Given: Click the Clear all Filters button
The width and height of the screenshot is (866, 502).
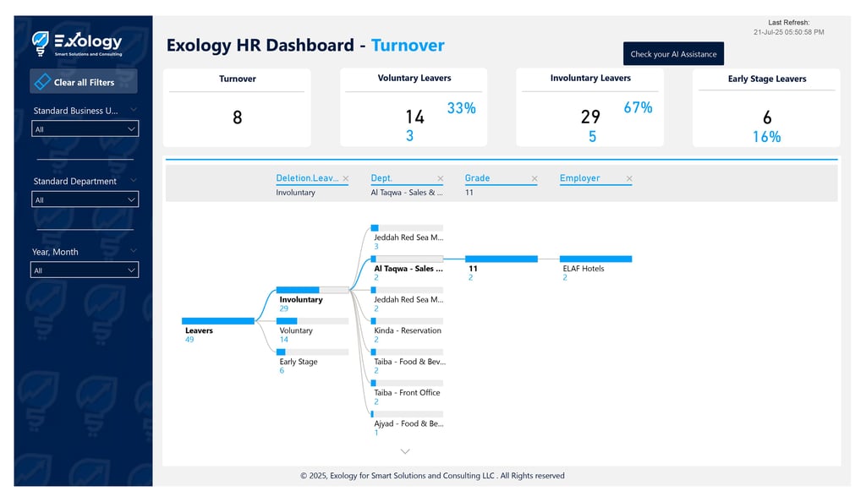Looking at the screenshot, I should tap(83, 82).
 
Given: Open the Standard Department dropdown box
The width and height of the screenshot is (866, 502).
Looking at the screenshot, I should tap(85, 199).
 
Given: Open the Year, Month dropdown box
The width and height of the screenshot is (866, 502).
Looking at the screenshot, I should tap(85, 270).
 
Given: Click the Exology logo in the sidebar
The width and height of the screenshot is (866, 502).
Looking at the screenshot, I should tap(77, 43).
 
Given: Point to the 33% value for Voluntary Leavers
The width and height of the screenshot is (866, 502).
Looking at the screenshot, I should tap(461, 108).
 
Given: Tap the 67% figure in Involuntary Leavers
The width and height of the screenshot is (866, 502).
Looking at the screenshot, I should tap(638, 107).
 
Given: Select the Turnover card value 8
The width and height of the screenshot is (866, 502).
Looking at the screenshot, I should tap(237, 117).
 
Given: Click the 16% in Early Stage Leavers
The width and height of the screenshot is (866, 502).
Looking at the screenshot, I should tap(766, 137).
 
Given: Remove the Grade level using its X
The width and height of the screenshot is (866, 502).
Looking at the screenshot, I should tap(534, 178).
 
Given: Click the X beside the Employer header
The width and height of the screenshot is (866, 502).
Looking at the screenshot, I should tap(628, 178).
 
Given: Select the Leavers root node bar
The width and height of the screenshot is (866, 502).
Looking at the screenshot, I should tap(217, 321).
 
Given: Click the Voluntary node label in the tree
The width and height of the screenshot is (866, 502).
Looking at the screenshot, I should tap(296, 330).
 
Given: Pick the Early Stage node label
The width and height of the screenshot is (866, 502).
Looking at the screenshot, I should tap(299, 362).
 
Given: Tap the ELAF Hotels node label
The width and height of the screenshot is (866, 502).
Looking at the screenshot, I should tap(584, 269).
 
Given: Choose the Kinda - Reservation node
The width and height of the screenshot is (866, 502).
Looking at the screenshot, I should tap(407, 330).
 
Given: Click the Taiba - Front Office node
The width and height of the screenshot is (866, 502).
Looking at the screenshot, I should tap(407, 392).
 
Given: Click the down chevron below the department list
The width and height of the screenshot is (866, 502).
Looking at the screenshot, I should tap(405, 451).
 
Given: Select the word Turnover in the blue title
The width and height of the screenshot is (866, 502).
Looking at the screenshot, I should tap(408, 46).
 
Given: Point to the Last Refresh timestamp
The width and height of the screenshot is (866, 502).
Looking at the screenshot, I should tap(788, 32).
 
